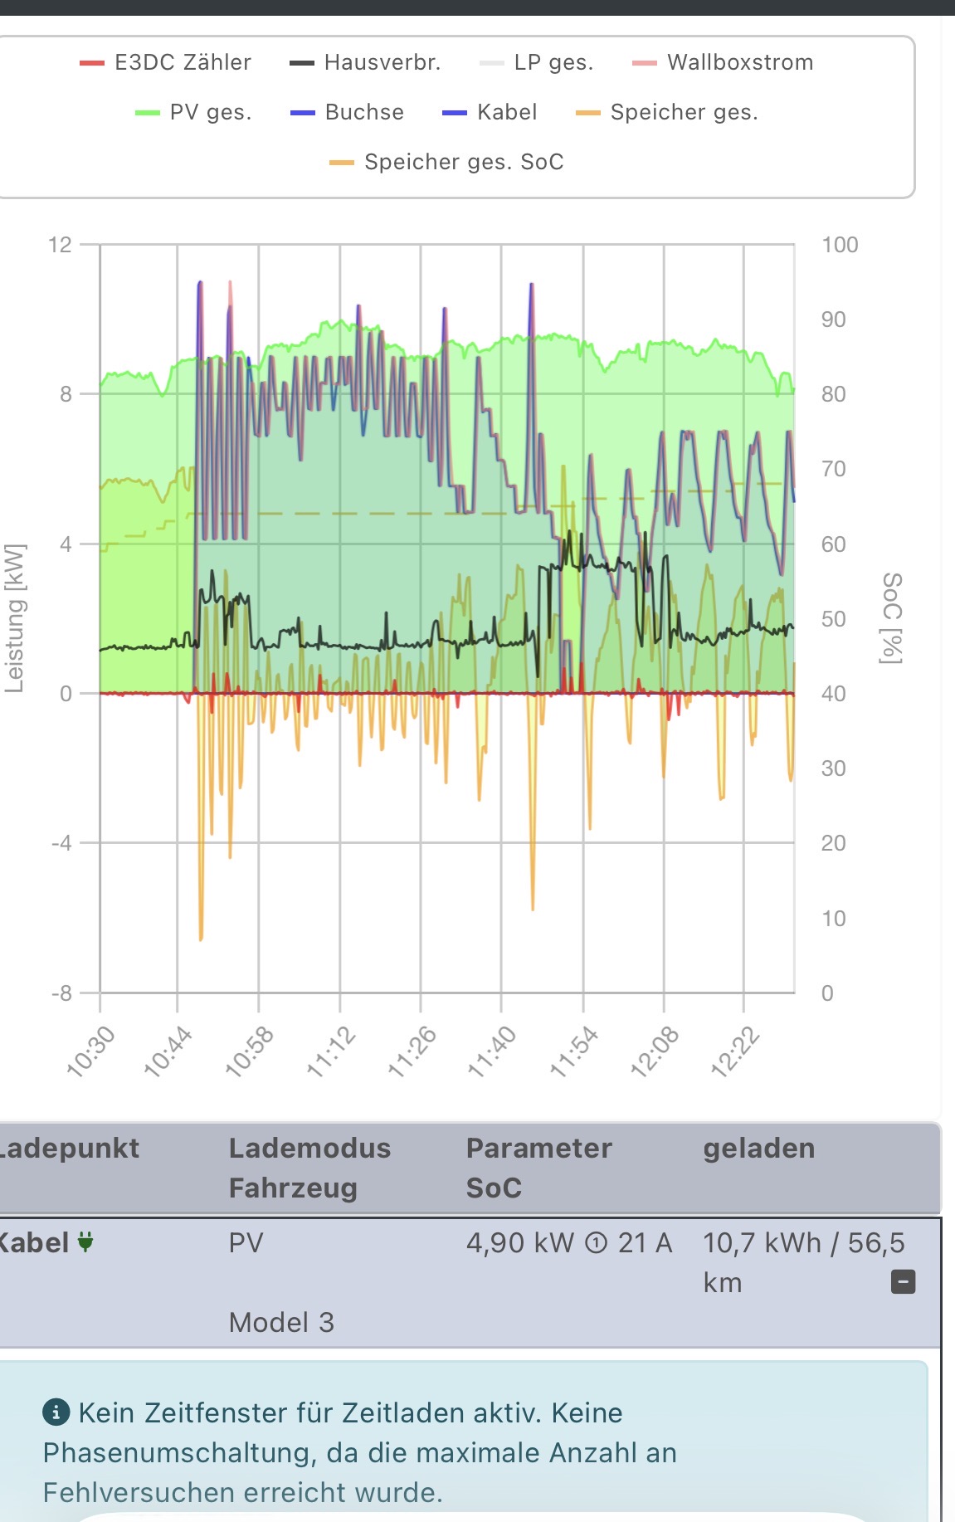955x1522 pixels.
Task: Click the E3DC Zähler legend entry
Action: point(166,62)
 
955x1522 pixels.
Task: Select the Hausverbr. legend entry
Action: point(365,62)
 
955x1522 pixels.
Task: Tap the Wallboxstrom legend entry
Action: point(723,62)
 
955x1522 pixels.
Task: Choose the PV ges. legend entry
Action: point(194,112)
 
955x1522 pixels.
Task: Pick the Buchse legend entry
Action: point(348,112)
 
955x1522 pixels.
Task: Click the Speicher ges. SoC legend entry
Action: point(447,162)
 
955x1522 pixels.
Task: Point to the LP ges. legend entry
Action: point(537,62)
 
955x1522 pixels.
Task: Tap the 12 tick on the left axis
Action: point(60,245)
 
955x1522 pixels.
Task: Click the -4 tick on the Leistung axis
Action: point(61,843)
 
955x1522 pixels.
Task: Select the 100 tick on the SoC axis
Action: point(839,245)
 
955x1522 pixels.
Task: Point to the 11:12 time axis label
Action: point(331,1051)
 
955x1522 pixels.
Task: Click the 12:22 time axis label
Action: point(735,1051)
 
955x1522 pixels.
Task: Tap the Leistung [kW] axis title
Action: point(15,618)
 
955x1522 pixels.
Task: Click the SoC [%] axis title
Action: point(891,618)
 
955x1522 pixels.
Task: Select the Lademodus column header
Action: point(309,1148)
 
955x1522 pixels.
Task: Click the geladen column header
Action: point(758,1148)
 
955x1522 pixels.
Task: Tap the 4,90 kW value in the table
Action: point(519,1242)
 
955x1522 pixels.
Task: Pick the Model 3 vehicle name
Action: point(281,1322)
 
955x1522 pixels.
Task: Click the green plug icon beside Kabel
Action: point(85,1242)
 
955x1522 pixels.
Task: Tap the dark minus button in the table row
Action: point(903,1282)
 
